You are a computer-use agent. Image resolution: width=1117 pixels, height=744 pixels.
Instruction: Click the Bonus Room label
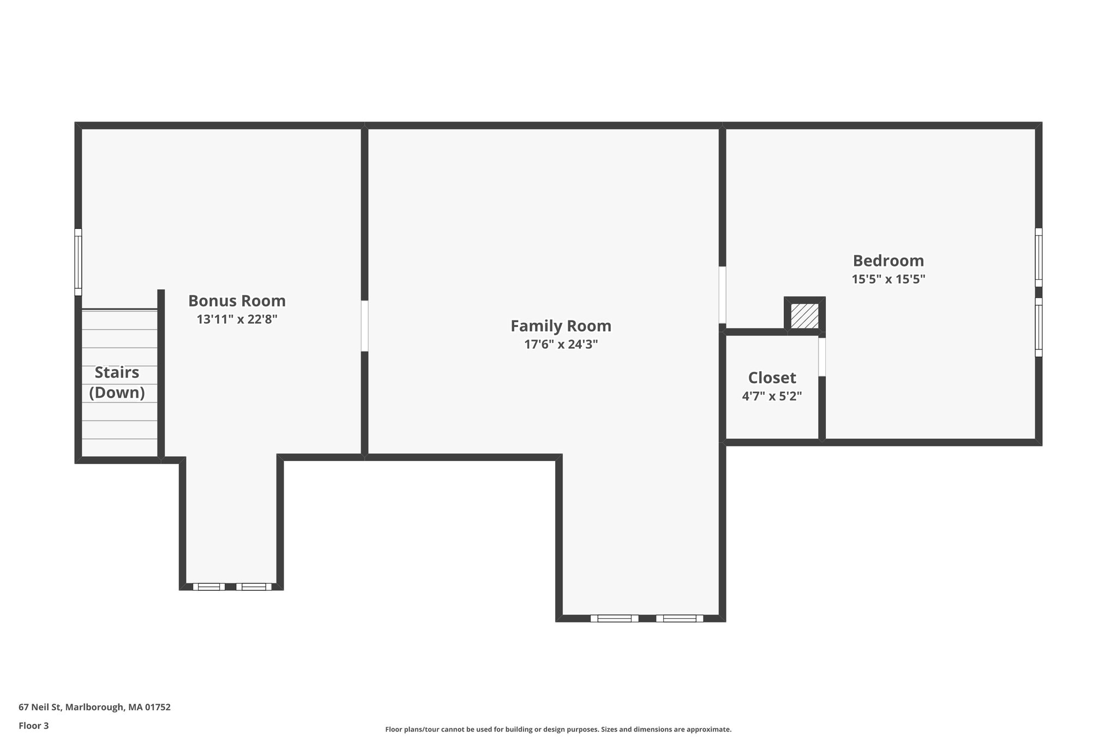[237, 301]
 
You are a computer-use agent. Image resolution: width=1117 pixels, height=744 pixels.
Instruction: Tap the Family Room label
[561, 326]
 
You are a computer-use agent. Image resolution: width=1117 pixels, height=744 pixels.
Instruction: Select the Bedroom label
[888, 261]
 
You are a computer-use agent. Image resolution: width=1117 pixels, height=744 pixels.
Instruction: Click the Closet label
[772, 378]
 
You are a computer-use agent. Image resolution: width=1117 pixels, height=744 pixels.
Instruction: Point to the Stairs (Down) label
[117, 382]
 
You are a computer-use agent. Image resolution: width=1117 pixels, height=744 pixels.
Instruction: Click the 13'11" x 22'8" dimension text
[237, 319]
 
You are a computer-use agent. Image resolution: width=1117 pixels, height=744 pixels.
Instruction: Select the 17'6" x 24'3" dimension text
[561, 344]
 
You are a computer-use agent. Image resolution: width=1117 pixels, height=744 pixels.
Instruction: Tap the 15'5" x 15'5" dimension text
[888, 279]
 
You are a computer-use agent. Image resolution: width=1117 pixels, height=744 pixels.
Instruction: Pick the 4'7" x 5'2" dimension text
[772, 396]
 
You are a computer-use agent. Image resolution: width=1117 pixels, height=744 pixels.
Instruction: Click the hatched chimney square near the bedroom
[804, 316]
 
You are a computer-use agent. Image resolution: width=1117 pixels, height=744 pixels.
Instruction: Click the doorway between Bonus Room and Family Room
[364, 326]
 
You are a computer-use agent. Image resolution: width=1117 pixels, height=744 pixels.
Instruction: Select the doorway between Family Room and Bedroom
[722, 295]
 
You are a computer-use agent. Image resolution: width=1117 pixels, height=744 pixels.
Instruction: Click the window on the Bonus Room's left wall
[78, 262]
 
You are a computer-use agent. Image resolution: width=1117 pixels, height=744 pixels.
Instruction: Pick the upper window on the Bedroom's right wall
[1038, 257]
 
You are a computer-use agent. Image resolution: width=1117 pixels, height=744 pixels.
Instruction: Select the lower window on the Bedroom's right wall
[1038, 327]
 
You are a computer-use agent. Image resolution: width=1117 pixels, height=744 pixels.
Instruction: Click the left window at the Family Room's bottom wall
[614, 618]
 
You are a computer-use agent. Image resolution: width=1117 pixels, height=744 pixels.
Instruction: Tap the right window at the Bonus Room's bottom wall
[254, 586]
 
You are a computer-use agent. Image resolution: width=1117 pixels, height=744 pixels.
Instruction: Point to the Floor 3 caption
[34, 725]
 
